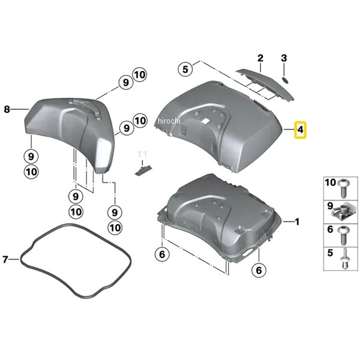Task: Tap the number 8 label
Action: [7, 109]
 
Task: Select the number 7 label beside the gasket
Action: [6, 260]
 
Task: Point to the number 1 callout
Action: [295, 222]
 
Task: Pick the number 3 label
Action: [284, 58]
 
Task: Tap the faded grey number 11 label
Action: [142, 154]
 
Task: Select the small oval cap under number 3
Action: [285, 80]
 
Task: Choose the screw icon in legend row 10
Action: [344, 187]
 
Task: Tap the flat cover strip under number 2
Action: [264, 80]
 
